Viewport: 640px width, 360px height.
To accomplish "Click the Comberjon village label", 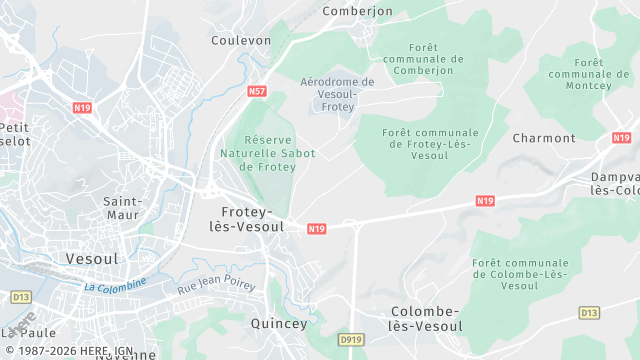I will pyautogui.click(x=357, y=11).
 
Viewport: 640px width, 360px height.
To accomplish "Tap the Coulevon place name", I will pyautogui.click(x=241, y=40).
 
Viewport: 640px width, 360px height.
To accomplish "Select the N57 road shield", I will pyautogui.click(x=257, y=91).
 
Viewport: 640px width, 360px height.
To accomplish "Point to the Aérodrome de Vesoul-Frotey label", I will pyautogui.click(x=337, y=94).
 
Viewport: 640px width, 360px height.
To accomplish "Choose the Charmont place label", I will pyautogui.click(x=544, y=138).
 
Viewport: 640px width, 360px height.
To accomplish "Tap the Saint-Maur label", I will pyautogui.click(x=123, y=208).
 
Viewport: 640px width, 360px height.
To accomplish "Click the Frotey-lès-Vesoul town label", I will pyautogui.click(x=245, y=219).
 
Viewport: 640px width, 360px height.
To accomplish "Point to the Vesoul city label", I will pyautogui.click(x=91, y=258).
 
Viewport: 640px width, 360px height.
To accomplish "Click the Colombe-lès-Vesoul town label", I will pyautogui.click(x=425, y=319).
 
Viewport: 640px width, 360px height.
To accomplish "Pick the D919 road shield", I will pyautogui.click(x=350, y=340).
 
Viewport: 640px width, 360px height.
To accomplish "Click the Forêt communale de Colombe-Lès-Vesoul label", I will pyautogui.click(x=518, y=274).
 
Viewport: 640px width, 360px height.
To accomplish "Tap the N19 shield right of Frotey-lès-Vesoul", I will pyautogui.click(x=317, y=229).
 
